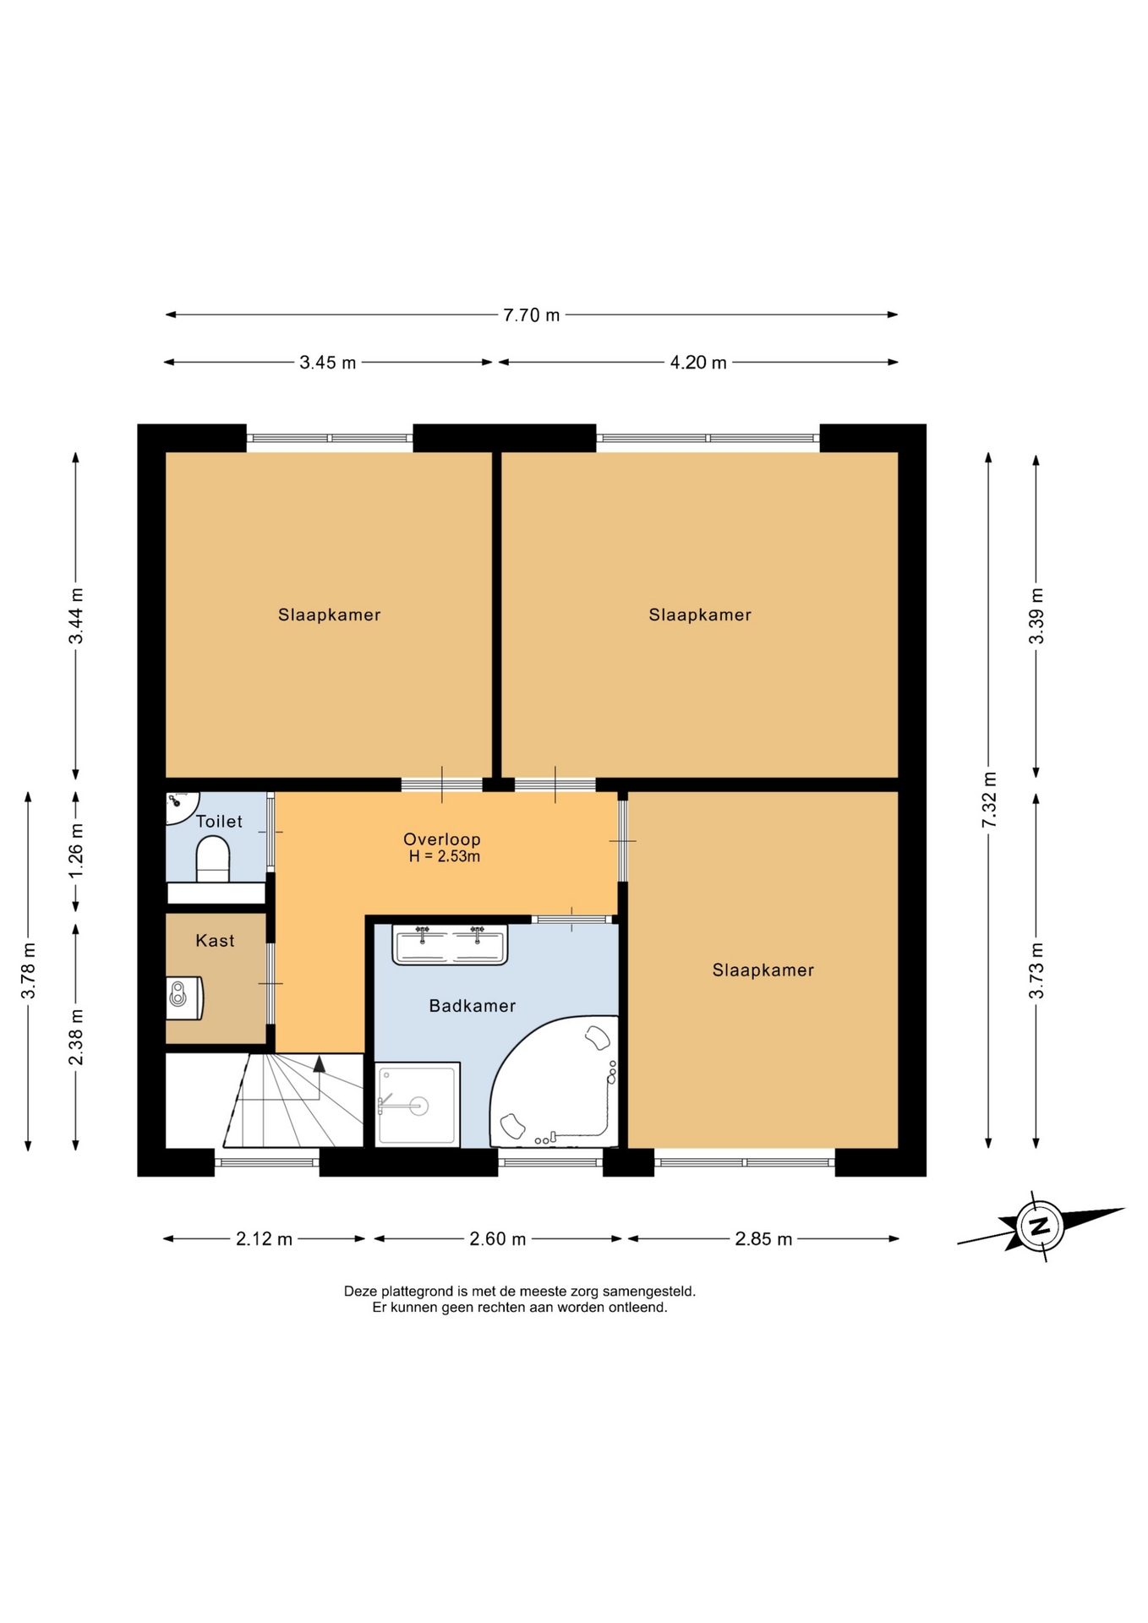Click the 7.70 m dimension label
[x=531, y=315]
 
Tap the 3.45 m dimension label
[x=328, y=363]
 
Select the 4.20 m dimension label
[x=698, y=363]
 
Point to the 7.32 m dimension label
[x=989, y=800]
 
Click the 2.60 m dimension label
[x=498, y=1239]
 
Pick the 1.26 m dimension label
[x=76, y=850]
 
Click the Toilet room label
[x=219, y=822]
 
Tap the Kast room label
[x=215, y=941]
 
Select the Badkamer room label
[x=472, y=1006]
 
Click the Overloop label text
[x=441, y=839]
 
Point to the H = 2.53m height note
[x=444, y=856]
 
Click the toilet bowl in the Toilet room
[x=213, y=859]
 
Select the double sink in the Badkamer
[x=450, y=944]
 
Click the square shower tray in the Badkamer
[x=418, y=1104]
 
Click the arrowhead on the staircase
[x=319, y=1064]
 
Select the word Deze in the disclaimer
[x=360, y=1292]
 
